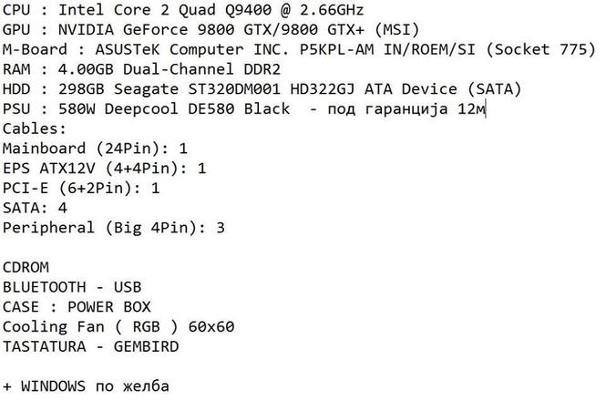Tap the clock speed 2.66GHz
point(332,10)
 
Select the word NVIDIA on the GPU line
point(86,29)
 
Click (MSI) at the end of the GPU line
point(396,29)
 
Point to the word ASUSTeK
point(128,49)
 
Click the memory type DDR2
point(262,69)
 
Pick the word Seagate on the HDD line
point(146,89)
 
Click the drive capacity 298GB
point(81,89)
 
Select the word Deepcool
point(141,109)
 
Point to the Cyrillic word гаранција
point(406,109)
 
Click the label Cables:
point(35,128)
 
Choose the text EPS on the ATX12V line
point(16,169)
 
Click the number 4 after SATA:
point(63,208)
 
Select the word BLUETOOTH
point(44,287)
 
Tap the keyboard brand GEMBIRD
point(146,346)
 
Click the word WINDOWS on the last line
point(53,386)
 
